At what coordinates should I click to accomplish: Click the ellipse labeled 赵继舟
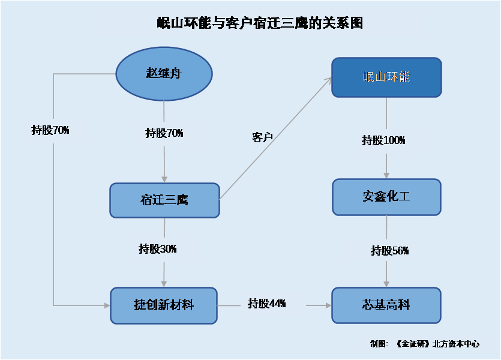tap(164, 74)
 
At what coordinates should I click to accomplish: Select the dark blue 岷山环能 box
tap(386, 77)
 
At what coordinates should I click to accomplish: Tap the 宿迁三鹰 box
tap(164, 200)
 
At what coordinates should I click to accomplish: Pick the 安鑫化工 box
tap(386, 197)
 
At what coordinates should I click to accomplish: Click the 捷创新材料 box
tap(164, 305)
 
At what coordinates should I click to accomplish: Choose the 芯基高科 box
tap(386, 305)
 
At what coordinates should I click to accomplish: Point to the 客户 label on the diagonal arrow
tap(262, 137)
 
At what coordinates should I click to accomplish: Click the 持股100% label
tap(383, 140)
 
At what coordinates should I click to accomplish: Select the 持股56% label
tap(390, 250)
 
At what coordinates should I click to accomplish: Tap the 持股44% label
tap(267, 303)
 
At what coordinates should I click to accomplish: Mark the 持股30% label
tap(158, 248)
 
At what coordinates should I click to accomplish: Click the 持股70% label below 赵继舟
tap(164, 133)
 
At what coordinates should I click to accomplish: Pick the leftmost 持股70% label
tap(50, 130)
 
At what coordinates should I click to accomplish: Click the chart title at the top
tap(260, 23)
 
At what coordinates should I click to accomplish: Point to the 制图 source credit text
tap(425, 344)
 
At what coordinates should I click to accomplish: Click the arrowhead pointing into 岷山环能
tap(329, 80)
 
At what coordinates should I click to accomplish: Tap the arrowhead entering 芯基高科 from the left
tap(328, 305)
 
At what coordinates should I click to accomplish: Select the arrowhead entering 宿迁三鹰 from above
tap(164, 179)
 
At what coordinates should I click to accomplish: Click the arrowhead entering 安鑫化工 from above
tap(386, 175)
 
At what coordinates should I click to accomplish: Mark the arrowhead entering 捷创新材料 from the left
tap(107, 305)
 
